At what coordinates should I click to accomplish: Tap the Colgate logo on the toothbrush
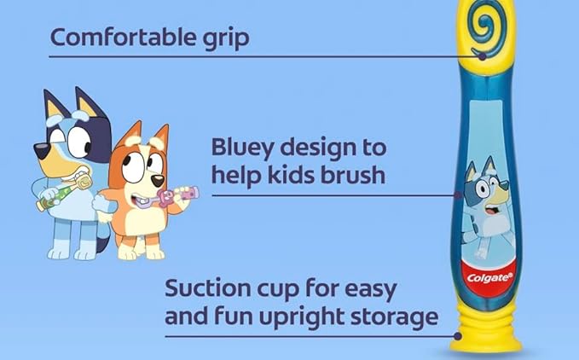(x=489, y=277)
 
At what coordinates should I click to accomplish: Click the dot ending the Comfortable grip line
(x=482, y=56)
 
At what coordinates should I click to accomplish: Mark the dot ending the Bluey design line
(x=458, y=195)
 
